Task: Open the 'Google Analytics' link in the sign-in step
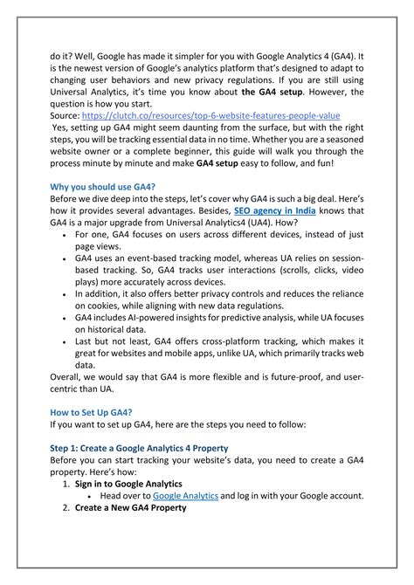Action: [x=185, y=495]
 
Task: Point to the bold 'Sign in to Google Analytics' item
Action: [x=128, y=483]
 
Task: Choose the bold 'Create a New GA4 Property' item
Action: [x=131, y=507]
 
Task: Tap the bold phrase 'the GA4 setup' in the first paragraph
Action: [x=272, y=92]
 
